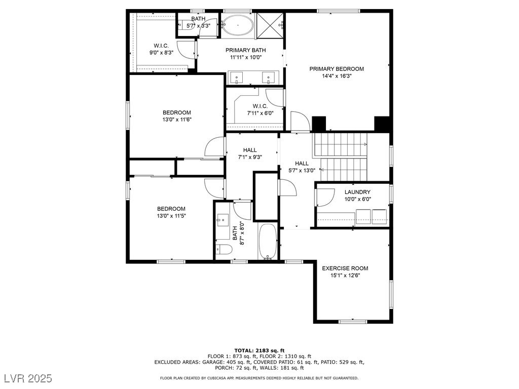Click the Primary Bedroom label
pos(337,69)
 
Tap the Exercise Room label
pos(345,268)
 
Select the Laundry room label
pos(357,192)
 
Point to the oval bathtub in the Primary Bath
pos(238,25)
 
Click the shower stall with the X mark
pos(270,25)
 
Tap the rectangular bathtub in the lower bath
pos(268,242)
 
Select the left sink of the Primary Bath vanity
pos(237,78)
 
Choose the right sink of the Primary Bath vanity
pos(268,78)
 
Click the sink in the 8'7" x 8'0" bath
pos(223,220)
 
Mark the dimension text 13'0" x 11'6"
pos(177,120)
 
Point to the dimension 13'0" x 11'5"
pos(171,216)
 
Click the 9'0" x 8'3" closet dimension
pos(162,52)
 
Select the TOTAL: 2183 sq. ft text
pos(259,351)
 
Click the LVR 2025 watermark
pos(28,378)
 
